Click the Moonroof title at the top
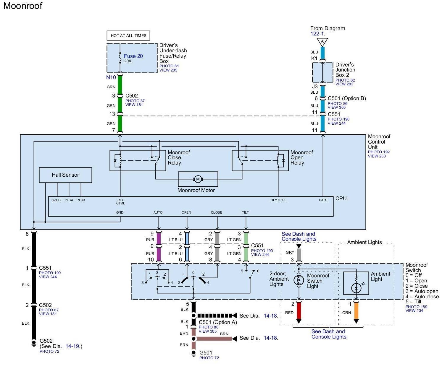coord(23,6)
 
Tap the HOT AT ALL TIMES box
coord(128,35)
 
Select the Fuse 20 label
coord(133,56)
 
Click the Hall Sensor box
coord(65,175)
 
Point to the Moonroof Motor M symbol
coord(198,179)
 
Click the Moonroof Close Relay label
coord(179,157)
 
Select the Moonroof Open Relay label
coord(301,157)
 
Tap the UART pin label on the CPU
coord(323,200)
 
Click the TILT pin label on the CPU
coord(245,212)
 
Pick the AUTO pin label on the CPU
coord(158,212)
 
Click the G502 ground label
coord(46,341)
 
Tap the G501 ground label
coord(206,352)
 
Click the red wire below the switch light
coord(299,310)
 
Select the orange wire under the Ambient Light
coord(356,310)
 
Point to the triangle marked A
coord(322,41)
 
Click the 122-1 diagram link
coord(317,34)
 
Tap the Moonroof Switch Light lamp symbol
coord(299,280)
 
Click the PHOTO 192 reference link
coord(379,152)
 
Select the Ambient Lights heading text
coord(364,242)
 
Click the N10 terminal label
coord(111,77)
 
